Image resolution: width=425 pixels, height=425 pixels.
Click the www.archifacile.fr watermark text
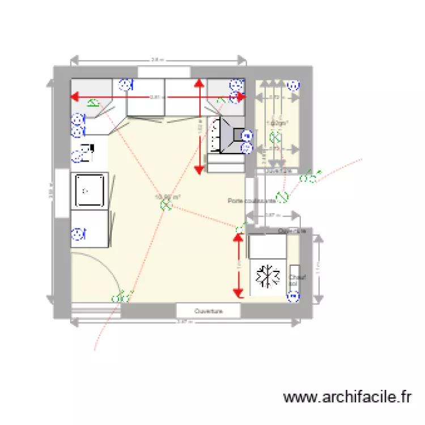(347, 397)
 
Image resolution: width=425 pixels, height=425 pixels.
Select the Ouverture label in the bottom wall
(208, 311)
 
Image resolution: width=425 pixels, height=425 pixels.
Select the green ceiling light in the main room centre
(166, 204)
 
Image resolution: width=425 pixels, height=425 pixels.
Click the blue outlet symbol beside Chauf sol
(294, 296)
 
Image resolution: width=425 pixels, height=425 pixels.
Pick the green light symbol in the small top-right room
(275, 137)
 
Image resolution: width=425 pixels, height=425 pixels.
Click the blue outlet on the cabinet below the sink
(77, 233)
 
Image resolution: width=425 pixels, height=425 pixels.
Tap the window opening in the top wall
(164, 72)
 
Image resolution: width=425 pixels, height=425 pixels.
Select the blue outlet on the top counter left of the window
(125, 86)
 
